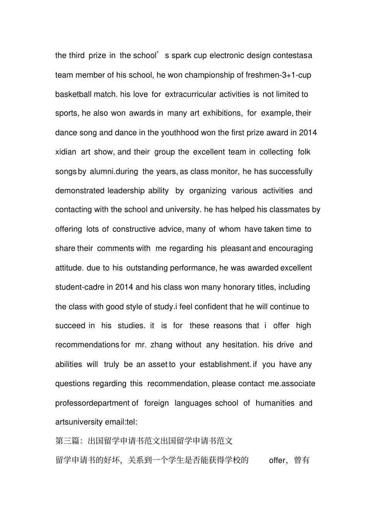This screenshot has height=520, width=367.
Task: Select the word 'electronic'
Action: pos(229,56)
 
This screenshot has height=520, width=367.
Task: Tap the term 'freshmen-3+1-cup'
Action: pos(278,75)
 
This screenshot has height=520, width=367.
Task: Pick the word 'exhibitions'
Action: pos(223,113)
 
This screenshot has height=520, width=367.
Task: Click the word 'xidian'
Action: pos(66,152)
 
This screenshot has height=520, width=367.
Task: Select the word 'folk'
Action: pos(304,152)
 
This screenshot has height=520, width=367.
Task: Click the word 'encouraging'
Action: pos(291,249)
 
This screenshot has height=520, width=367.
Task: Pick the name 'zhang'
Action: pos(161,345)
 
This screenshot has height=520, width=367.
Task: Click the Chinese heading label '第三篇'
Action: pos(67,441)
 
